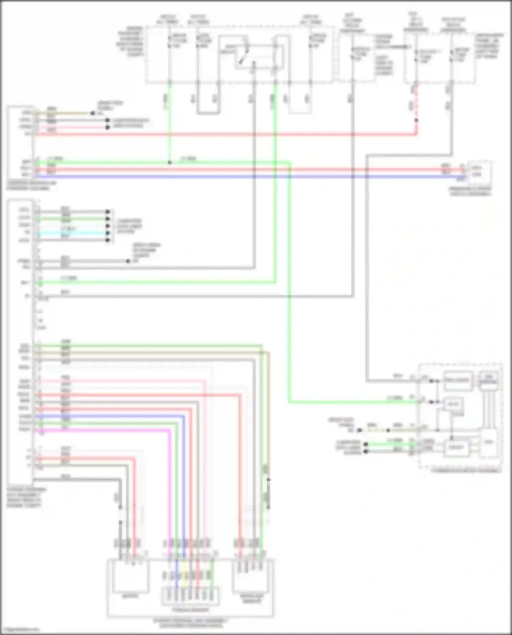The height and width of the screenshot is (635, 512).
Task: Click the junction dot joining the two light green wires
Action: (x=170, y=163)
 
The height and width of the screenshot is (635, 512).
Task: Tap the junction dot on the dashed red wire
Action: (x=416, y=120)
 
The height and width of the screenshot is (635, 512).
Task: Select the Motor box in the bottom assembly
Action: (x=130, y=577)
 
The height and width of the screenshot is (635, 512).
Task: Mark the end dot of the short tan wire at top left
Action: (x=93, y=113)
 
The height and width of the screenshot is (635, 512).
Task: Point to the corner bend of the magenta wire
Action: (x=170, y=431)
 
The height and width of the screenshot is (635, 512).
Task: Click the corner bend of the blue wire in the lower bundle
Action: (x=184, y=417)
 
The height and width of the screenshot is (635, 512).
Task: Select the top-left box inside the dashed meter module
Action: (x=457, y=380)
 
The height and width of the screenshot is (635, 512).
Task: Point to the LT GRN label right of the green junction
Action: (x=188, y=159)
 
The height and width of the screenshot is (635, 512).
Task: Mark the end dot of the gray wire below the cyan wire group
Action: (x=128, y=261)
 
